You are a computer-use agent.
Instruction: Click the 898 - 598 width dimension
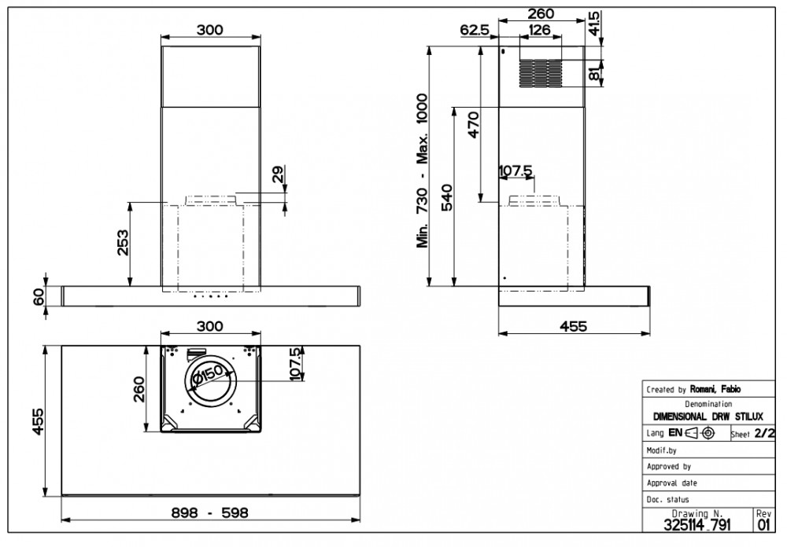210,512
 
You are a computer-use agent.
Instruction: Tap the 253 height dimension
123,243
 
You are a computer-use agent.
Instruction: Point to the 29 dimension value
278,174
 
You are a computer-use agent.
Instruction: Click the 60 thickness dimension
39,297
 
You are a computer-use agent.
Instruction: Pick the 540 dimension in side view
446,197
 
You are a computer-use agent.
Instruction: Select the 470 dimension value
473,125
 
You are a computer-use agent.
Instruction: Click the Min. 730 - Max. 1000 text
422,171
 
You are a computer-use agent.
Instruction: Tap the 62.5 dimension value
475,30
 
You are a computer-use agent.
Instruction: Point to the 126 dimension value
540,30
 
